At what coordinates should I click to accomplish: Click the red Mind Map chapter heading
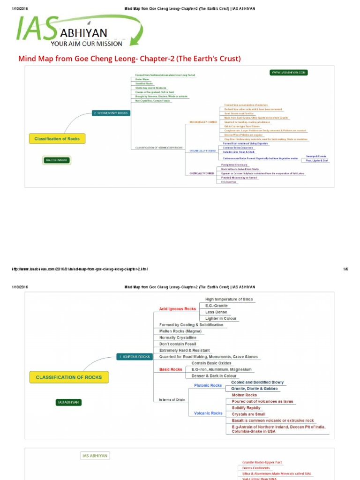click(x=129, y=59)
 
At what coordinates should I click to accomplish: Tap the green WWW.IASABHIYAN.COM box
click(x=289, y=73)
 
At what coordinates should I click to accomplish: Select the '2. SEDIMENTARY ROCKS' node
click(x=111, y=113)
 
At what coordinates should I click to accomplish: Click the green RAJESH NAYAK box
click(x=57, y=160)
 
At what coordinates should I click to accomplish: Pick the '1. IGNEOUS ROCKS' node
click(x=135, y=357)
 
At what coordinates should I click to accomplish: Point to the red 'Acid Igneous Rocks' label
click(x=178, y=309)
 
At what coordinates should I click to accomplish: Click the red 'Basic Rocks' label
click(x=171, y=369)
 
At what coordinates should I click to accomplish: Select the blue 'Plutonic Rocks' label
click(x=208, y=385)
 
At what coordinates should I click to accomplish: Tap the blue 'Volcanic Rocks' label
click(x=209, y=413)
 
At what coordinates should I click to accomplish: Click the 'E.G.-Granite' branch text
click(x=217, y=305)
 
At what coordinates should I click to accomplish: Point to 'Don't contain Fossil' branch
click(x=178, y=344)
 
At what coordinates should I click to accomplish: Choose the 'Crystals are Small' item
click(x=248, y=414)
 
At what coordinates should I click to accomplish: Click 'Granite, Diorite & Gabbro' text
click(x=255, y=389)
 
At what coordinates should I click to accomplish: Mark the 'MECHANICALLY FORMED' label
click(x=203, y=122)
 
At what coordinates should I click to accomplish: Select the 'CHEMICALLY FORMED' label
click(x=202, y=173)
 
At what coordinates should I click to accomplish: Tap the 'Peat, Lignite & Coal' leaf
click(x=317, y=161)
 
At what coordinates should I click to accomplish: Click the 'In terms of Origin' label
click(x=172, y=399)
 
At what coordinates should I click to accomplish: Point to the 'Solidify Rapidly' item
click(x=247, y=408)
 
